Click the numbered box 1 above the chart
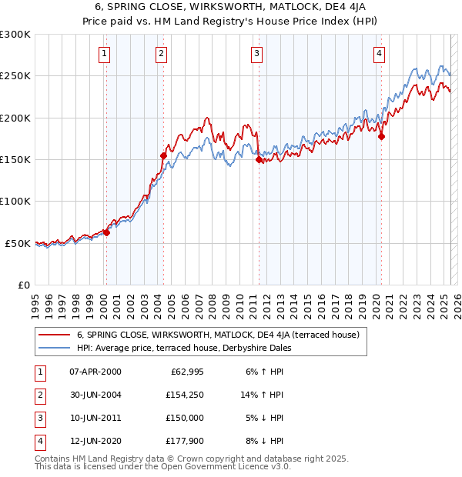tap(104, 53)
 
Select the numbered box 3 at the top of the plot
tap(256, 53)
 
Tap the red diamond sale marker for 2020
tap(381, 137)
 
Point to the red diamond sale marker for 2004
tap(163, 156)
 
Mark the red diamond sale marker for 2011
tap(259, 160)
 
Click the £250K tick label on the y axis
tap(15, 76)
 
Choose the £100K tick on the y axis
tap(15, 201)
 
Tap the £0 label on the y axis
tap(23, 285)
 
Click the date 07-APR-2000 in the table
tap(95, 372)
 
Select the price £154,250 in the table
tap(184, 395)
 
